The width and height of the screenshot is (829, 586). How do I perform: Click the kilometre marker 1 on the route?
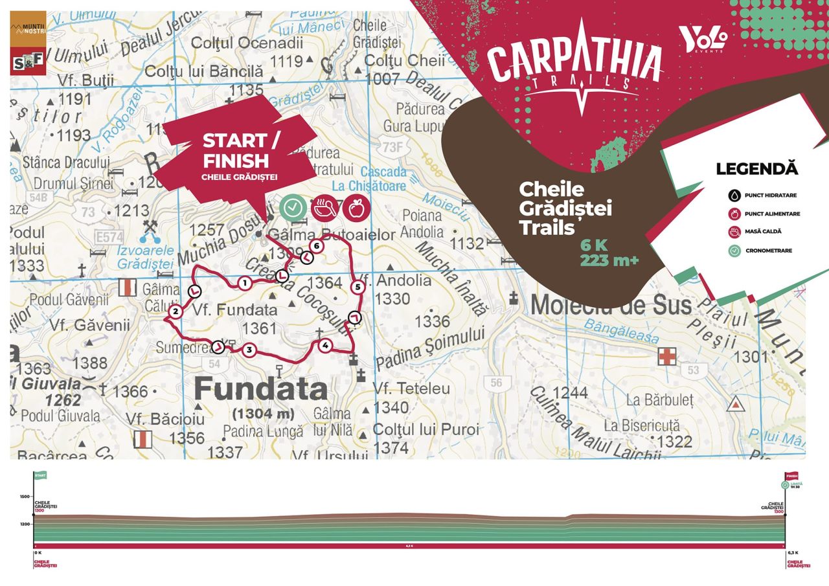pos(244,282)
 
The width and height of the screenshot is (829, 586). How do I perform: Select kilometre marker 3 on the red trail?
pos(249,351)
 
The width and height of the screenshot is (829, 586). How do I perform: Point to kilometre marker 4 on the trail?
pos(325,345)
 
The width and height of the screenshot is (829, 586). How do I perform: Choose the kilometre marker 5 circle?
pos(357,286)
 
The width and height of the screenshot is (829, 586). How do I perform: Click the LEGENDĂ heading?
pos(756,170)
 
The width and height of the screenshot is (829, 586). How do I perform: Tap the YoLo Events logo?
pos(703,40)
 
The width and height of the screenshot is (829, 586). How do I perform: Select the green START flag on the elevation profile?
pos(40,475)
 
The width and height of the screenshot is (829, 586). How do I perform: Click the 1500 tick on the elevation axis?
pos(24,497)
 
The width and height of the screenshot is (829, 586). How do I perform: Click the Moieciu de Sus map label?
pos(611,304)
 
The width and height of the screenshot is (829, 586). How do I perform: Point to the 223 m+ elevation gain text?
pos(609,260)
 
